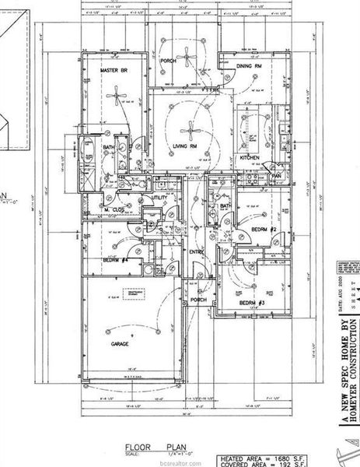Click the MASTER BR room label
coord(114,70)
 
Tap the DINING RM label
coord(249,67)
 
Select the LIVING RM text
coord(181,146)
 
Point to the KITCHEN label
coord(249,158)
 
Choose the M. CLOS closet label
coord(115,209)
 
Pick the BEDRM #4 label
coord(116,260)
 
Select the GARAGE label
coord(119,342)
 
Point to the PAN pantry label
coord(274,177)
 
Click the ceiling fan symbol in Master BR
coord(117,98)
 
